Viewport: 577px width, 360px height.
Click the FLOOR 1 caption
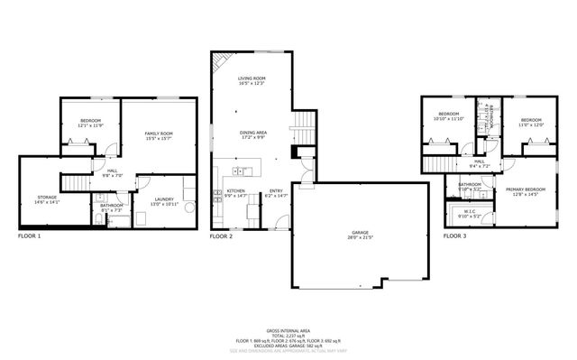click(29, 235)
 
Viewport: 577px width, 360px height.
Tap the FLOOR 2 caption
click(221, 235)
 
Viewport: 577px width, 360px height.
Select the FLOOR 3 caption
click(454, 235)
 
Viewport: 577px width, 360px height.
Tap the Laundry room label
click(163, 200)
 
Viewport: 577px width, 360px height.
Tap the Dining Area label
click(252, 134)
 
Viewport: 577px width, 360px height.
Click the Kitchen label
click(235, 192)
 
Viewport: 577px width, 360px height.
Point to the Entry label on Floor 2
click(276, 192)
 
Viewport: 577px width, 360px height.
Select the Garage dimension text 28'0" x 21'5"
click(360, 238)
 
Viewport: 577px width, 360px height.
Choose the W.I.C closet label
click(471, 213)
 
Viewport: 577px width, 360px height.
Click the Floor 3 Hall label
click(479, 163)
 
